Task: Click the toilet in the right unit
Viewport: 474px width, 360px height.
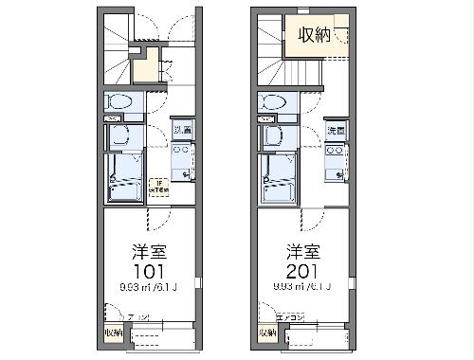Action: (272, 101)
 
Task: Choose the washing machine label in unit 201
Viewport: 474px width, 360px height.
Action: (337, 128)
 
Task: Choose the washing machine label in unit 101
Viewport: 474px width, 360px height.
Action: (182, 128)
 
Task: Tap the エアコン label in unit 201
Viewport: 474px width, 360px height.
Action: (288, 318)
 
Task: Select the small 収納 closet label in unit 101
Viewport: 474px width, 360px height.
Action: (113, 333)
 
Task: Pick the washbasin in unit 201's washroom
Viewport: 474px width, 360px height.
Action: (275, 135)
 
